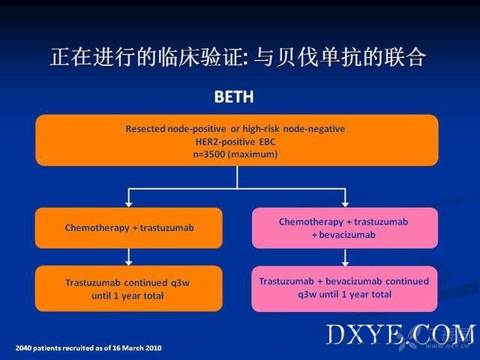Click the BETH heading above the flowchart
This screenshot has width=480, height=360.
coord(234,97)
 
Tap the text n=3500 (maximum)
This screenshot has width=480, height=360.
coord(235,154)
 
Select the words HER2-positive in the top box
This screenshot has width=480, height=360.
coord(225,142)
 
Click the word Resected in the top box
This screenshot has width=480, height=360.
coord(145,128)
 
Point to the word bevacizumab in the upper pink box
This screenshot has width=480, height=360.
coord(347,235)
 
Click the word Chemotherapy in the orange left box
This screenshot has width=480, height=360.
coord(97,228)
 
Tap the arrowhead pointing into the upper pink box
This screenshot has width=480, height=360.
coord(345,204)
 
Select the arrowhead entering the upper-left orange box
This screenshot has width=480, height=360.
coord(129,204)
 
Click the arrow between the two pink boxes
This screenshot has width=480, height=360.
coord(345,257)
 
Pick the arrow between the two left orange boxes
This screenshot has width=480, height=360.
coord(129,256)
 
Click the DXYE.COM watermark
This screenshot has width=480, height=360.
coord(400,335)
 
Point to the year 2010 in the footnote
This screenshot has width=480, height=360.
coord(154,348)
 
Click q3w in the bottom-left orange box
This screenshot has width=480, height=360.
coord(180,283)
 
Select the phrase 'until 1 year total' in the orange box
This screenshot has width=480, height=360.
coord(127,295)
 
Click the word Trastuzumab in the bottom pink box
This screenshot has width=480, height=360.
coord(286,281)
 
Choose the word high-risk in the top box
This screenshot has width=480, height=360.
coord(261,129)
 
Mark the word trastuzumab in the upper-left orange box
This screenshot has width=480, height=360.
coord(166,228)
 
